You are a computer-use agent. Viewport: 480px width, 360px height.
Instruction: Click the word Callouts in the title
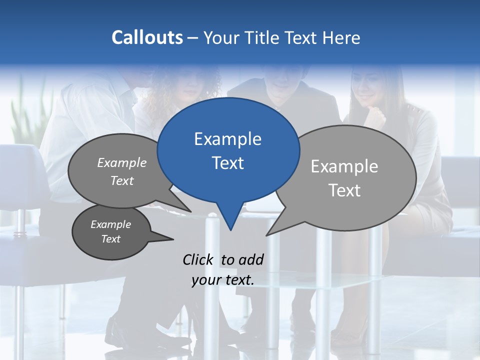coord(147,37)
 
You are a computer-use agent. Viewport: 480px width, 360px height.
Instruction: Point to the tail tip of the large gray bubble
coord(269,233)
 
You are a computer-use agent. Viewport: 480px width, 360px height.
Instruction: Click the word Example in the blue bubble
coord(227,139)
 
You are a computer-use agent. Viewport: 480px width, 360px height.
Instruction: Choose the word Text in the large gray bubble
coord(344,190)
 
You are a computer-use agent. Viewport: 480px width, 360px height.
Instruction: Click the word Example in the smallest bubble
coord(110,224)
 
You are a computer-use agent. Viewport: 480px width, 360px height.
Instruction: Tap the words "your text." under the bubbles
coord(223,280)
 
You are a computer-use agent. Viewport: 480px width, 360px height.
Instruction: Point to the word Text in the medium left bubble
coord(122,181)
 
